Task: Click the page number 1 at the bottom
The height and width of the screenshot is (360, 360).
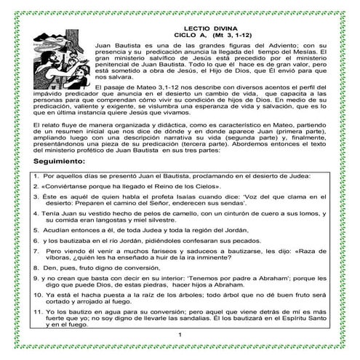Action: (x=179, y=334)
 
